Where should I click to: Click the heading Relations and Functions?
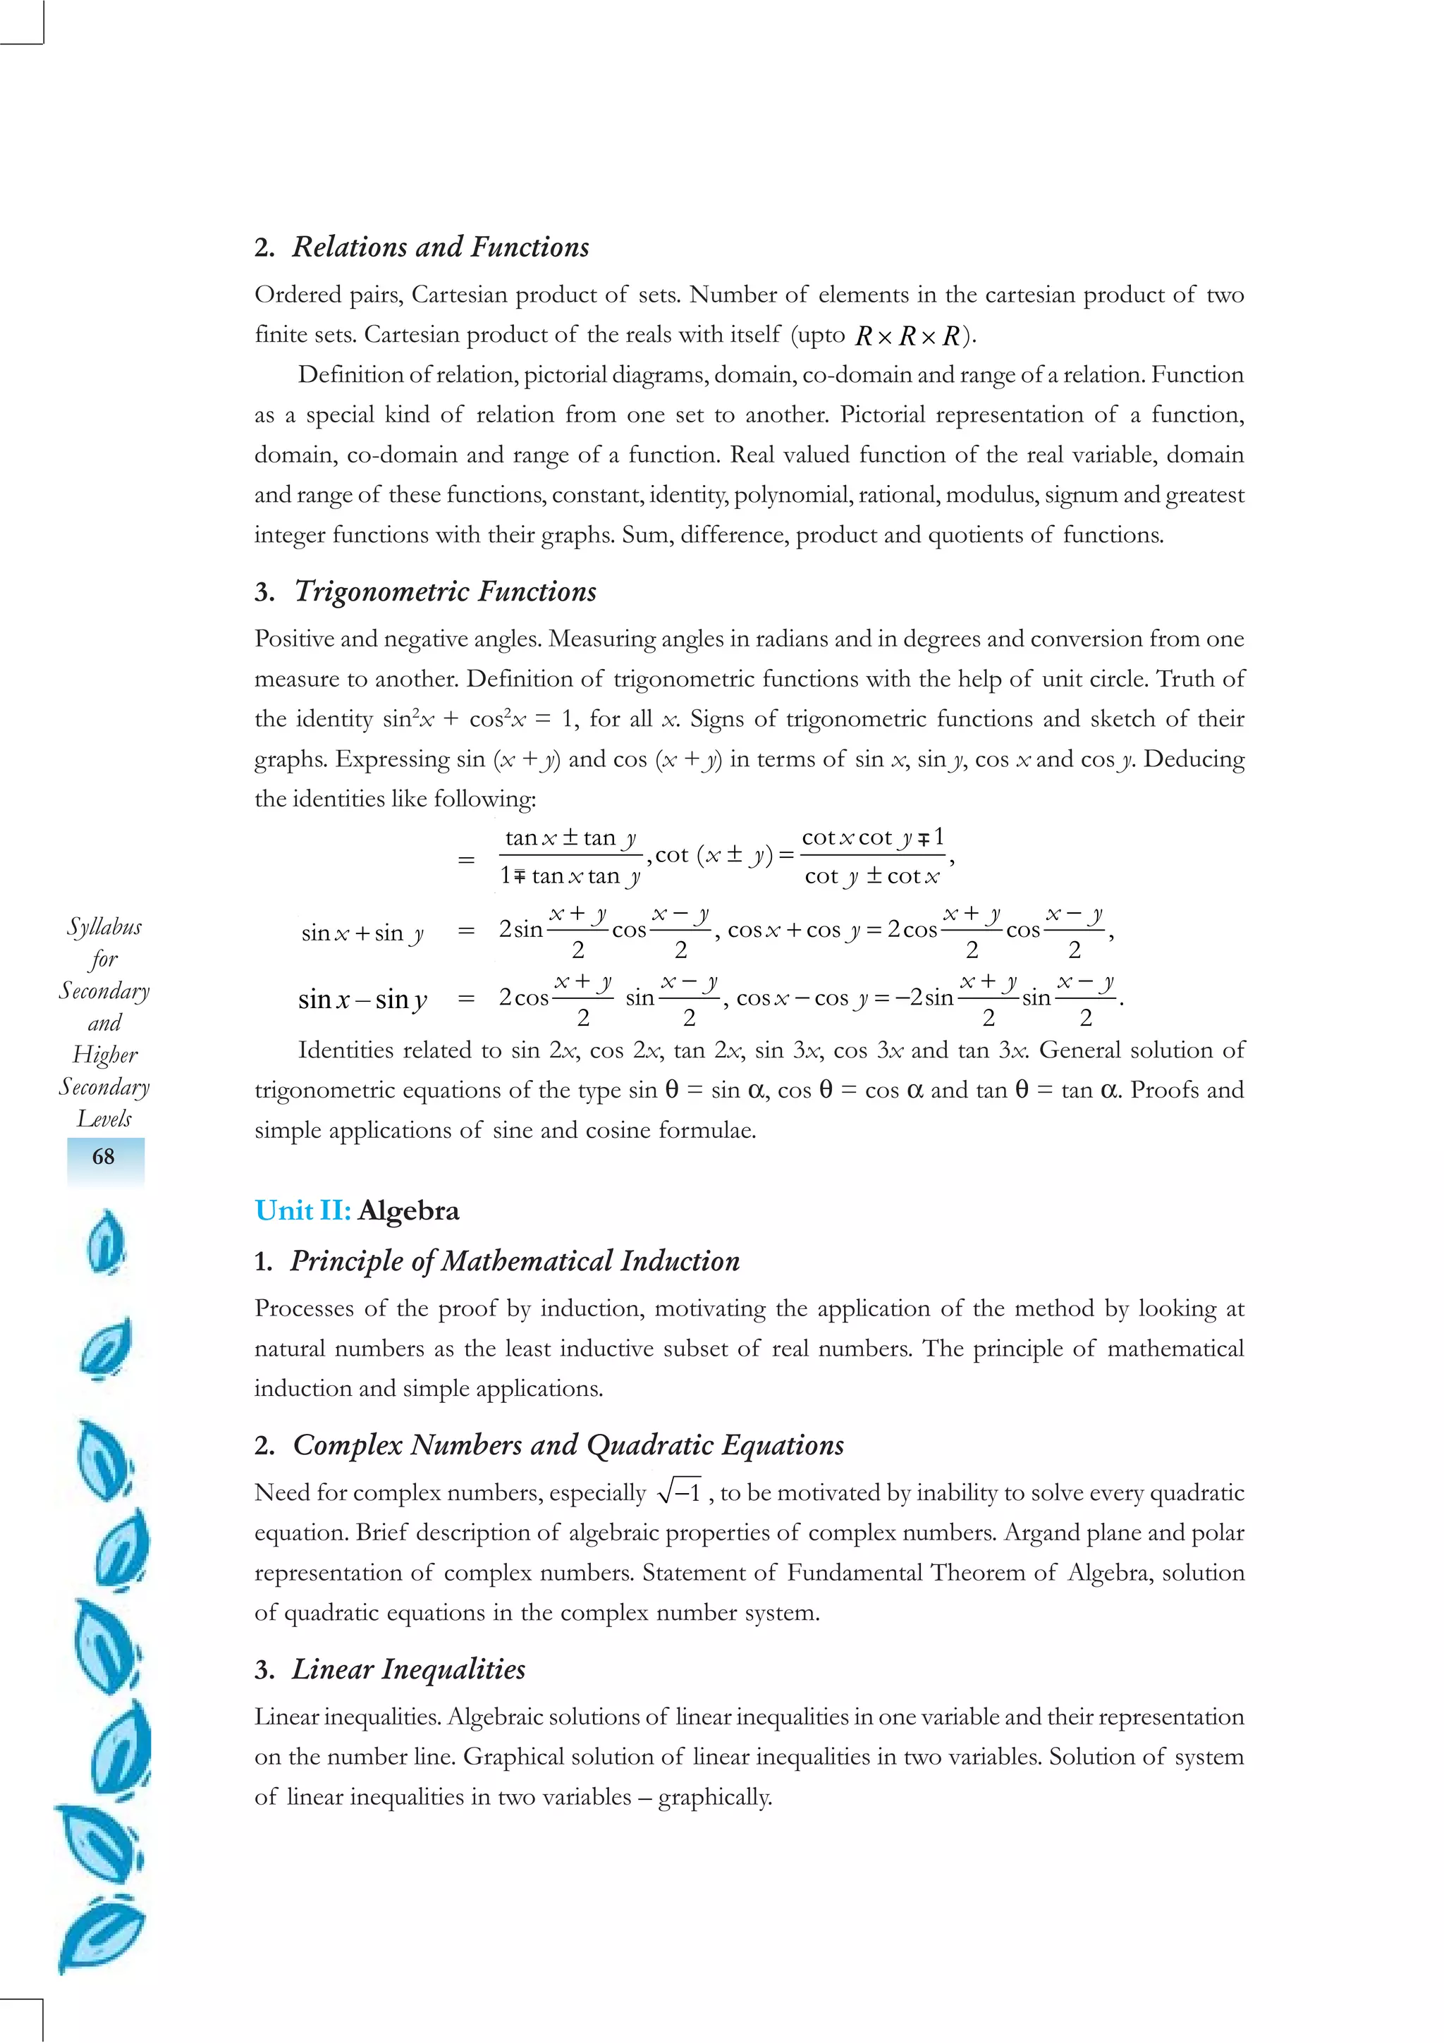(441, 247)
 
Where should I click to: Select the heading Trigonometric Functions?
(445, 591)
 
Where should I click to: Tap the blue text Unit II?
(302, 1211)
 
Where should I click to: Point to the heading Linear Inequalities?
(408, 1669)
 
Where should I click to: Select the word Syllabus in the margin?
(104, 927)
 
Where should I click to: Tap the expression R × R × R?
(907, 336)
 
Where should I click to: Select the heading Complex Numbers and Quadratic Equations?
(568, 1445)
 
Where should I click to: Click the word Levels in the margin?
(104, 1119)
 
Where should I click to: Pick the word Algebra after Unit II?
(408, 1211)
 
